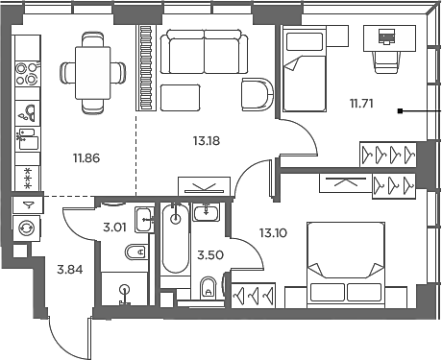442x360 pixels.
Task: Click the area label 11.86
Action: [x=86, y=158]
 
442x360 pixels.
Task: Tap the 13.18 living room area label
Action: [x=207, y=141]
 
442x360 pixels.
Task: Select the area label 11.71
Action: [x=361, y=104]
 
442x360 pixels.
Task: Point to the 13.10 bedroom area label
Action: [x=273, y=233]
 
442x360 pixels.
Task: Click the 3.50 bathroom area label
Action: [x=210, y=255]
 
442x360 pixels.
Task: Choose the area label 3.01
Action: [x=114, y=228]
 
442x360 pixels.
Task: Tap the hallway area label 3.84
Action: [x=70, y=270]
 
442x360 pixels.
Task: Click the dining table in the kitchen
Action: [x=93, y=73]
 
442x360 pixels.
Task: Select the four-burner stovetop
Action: [x=27, y=74]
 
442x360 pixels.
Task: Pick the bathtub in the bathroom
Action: [x=175, y=238]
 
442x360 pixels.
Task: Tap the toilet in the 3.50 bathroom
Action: [x=208, y=288]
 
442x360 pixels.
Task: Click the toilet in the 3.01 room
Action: [x=136, y=252]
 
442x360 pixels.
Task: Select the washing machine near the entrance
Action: [x=27, y=228]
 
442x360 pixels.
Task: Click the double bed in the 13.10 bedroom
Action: [x=346, y=265]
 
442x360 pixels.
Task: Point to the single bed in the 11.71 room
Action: [x=305, y=69]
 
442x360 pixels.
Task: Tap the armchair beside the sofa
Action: [x=258, y=94]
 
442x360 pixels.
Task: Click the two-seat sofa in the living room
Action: [x=204, y=52]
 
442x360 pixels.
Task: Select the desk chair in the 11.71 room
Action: [x=387, y=61]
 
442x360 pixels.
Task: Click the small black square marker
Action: [x=400, y=111]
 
